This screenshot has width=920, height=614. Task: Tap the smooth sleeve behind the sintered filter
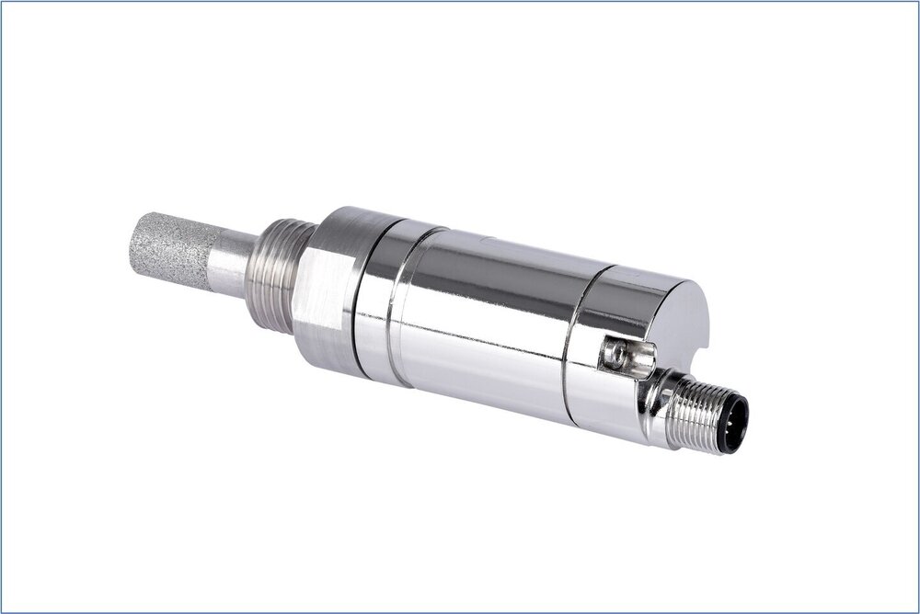coord(230,261)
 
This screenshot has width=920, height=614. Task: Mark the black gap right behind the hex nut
coord(353,303)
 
